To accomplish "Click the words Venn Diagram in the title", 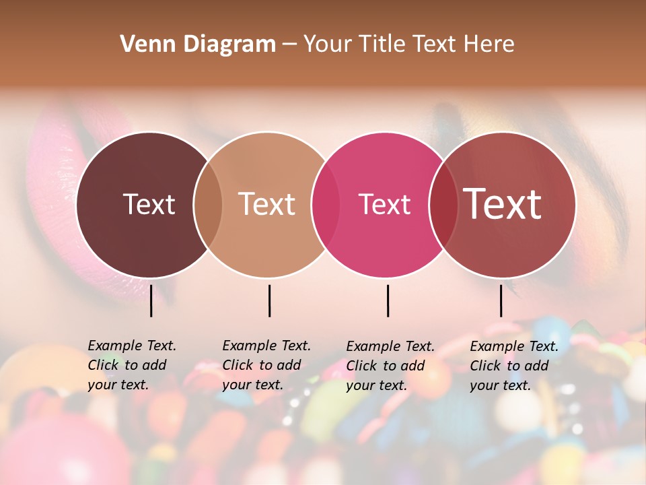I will tap(198, 44).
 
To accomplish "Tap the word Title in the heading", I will tap(385, 44).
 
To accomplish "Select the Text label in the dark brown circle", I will tap(149, 204).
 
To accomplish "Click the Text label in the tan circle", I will tap(267, 204).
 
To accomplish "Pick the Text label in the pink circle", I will tap(385, 204).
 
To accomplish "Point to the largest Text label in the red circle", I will tap(503, 203).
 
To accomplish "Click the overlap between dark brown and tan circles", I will tap(208, 204).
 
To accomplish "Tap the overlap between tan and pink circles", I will tap(326, 204).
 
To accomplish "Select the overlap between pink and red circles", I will tap(443, 204).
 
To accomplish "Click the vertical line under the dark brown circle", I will tap(151, 300).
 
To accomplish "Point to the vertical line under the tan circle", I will tap(269, 300).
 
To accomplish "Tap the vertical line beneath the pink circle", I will tap(388, 300).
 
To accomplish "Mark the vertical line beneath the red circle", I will tap(501, 300).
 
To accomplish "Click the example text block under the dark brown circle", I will tap(132, 365).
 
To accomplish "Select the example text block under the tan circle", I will tap(266, 365).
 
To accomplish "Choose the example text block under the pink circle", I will tap(390, 366).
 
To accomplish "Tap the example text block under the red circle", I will tap(514, 366).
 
